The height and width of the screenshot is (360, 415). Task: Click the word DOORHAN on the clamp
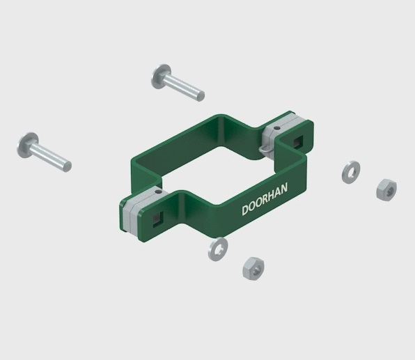(x=265, y=199)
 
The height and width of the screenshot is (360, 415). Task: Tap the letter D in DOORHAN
(x=245, y=210)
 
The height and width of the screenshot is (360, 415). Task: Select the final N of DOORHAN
(x=284, y=188)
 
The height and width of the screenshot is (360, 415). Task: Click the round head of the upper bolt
(x=160, y=76)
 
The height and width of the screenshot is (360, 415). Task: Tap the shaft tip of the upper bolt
(x=201, y=96)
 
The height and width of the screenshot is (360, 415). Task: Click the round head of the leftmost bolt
(x=27, y=145)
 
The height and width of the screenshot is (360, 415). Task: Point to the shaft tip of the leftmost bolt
(x=68, y=166)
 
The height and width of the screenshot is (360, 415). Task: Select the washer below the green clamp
(x=218, y=249)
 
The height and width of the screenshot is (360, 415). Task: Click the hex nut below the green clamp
(x=253, y=268)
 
